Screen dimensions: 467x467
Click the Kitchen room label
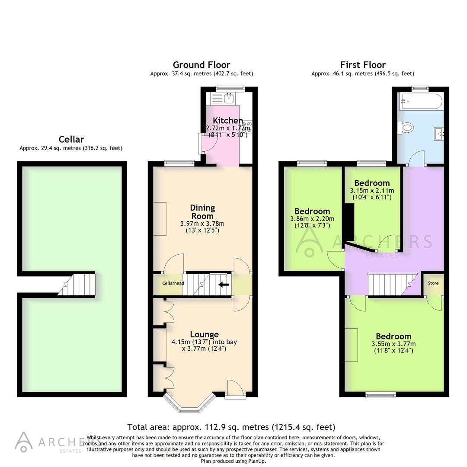tap(227, 121)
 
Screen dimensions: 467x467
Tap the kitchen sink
tap(227, 98)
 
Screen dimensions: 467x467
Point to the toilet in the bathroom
tap(406, 128)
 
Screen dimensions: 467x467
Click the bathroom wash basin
tap(439, 133)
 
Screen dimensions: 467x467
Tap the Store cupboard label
tap(433, 283)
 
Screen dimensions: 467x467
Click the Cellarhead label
tap(173, 284)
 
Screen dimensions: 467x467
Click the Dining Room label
tap(202, 212)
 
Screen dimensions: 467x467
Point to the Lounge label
tap(204, 334)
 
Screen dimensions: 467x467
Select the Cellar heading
tap(71, 139)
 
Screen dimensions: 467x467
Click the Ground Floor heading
tap(202, 65)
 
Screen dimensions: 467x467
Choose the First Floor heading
tap(362, 65)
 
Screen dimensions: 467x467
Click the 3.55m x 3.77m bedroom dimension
tap(393, 344)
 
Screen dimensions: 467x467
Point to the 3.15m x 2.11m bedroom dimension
tap(372, 190)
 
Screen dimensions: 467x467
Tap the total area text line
tap(231, 427)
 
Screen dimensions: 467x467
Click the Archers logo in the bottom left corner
tap(48, 442)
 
